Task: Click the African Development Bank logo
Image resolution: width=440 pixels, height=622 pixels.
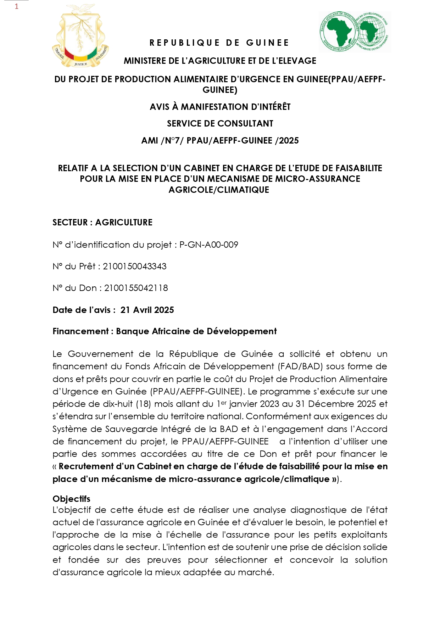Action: pos(355,32)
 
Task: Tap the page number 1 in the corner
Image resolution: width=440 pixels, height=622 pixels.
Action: pos(16,6)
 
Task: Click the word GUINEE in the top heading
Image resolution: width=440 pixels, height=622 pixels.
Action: pos(268,43)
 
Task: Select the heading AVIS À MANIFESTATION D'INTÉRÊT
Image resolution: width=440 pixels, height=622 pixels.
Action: pos(220,107)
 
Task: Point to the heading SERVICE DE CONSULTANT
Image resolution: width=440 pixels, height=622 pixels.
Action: pos(220,124)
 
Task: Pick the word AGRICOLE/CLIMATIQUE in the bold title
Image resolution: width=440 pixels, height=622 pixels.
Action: pos(219,190)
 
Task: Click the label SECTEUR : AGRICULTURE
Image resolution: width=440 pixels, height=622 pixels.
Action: pos(102,223)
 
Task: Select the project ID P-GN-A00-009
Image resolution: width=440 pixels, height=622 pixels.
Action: pos(209,245)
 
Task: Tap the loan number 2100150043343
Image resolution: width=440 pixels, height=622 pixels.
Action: pos(135,267)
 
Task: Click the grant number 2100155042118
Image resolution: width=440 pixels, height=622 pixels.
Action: pos(136,288)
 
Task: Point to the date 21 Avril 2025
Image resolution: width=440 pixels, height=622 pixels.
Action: pos(147,310)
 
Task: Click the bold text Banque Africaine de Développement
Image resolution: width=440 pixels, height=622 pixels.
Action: pos(196,331)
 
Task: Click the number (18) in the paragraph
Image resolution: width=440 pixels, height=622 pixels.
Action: pos(144,404)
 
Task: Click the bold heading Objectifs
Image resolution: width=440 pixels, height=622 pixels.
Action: pos(71,499)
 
